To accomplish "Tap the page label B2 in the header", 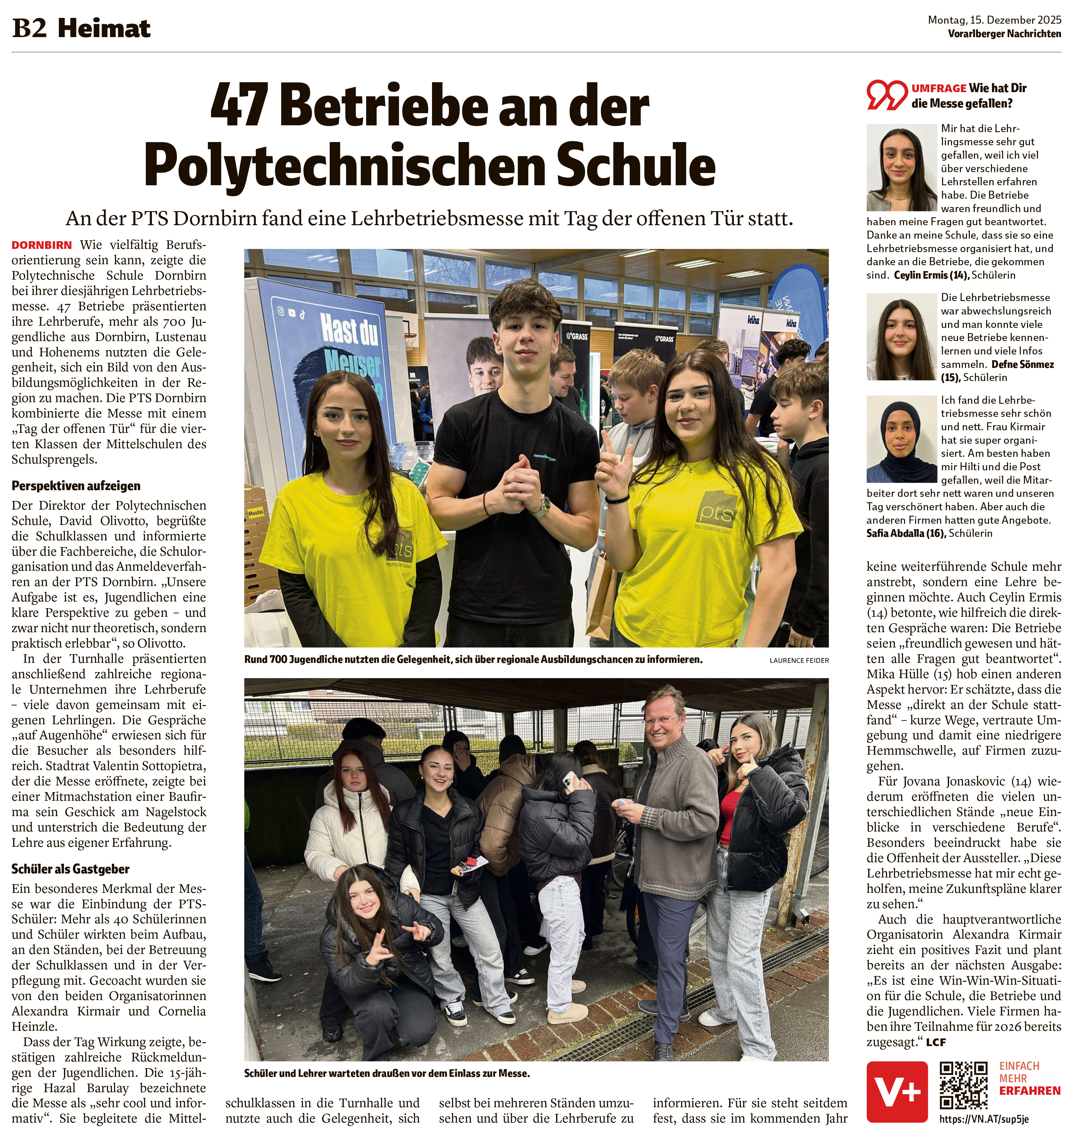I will tap(29, 29).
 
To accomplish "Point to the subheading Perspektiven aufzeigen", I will tap(76, 486).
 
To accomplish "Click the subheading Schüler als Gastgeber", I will tap(70, 869).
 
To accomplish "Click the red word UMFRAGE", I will tap(939, 88).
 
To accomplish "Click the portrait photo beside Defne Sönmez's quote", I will tap(901, 337).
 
